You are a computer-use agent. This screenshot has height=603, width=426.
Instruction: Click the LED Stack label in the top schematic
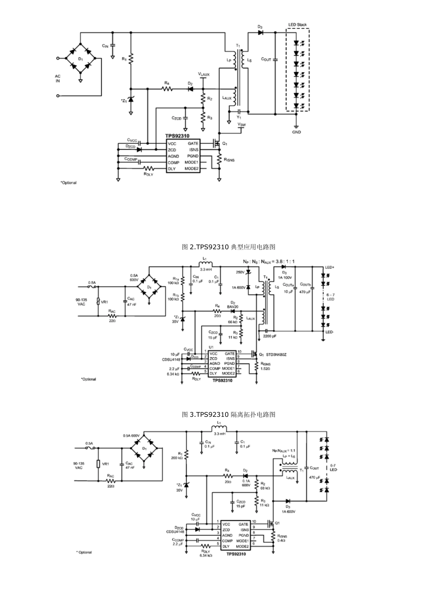pyautogui.click(x=297, y=25)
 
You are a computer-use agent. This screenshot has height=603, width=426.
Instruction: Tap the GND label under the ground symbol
pyautogui.click(x=296, y=132)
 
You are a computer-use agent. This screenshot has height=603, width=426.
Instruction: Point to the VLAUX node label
pyautogui.click(x=204, y=74)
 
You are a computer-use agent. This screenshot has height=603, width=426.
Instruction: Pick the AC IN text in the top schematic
pyautogui.click(x=57, y=79)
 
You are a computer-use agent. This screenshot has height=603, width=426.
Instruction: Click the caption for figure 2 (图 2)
pyautogui.click(x=229, y=247)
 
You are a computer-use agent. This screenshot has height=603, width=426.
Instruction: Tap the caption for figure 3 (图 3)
pyautogui.click(x=229, y=414)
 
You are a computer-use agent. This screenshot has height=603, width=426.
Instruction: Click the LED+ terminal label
pyautogui.click(x=330, y=268)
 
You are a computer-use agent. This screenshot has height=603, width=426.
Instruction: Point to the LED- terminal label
pyautogui.click(x=330, y=332)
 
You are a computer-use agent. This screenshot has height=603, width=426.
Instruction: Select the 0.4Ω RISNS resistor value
pyautogui.click(x=282, y=540)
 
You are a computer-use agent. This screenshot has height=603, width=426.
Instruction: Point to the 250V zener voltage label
pyautogui.click(x=240, y=272)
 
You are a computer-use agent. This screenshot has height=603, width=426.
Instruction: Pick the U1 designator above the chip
pyautogui.click(x=211, y=347)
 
